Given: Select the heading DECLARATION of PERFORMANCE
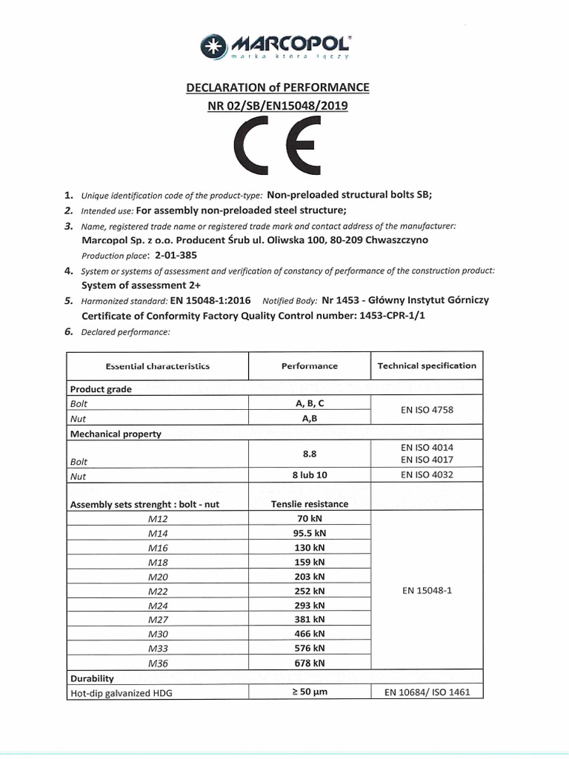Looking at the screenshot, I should click(277, 87).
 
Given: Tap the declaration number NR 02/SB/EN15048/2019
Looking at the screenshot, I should click(277, 105).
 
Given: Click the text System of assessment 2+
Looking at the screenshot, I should click(141, 285).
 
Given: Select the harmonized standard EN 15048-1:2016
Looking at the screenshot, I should click(210, 300).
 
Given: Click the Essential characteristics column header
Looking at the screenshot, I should click(158, 366).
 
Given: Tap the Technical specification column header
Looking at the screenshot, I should click(427, 365).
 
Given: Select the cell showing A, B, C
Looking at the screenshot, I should click(309, 404).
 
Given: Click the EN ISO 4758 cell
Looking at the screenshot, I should click(427, 411).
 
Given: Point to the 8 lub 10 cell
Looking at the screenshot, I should click(309, 475).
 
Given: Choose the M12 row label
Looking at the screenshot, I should click(158, 519).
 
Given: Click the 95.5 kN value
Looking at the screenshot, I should click(309, 533).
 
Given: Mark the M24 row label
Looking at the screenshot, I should click(158, 605).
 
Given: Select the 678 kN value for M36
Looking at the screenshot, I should click(309, 663).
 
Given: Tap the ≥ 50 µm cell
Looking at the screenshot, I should click(309, 692).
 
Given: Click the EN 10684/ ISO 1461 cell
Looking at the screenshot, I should click(427, 692).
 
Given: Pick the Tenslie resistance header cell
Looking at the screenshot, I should click(309, 504).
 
